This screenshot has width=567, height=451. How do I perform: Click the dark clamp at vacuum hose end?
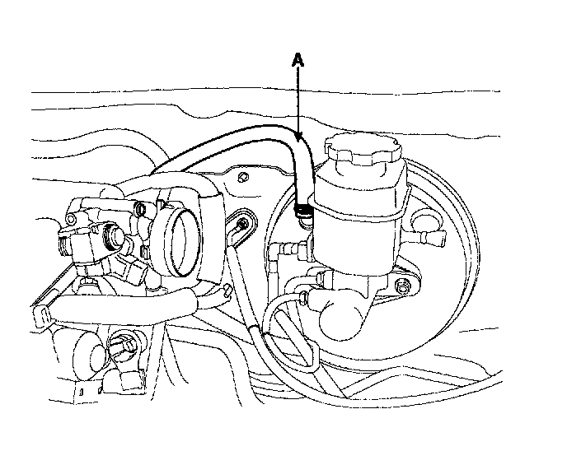tap(304, 213)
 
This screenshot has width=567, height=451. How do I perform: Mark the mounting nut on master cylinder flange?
tap(402, 286)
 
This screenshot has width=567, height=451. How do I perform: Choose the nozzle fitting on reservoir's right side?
tap(429, 238)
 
